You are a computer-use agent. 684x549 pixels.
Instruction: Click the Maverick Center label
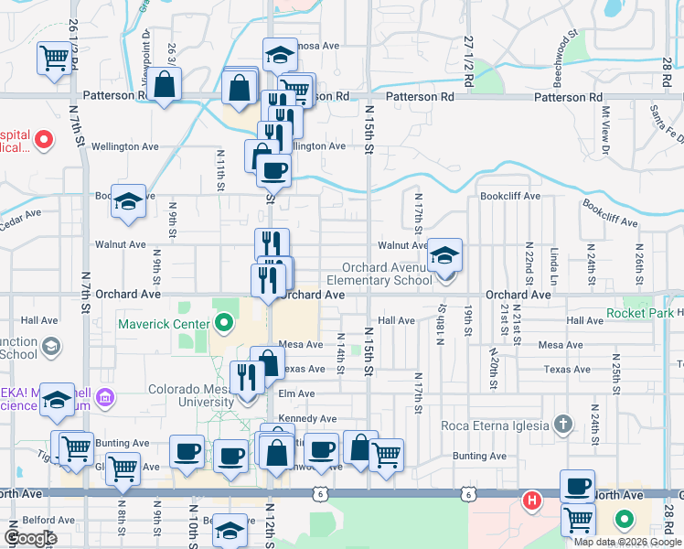tap(166, 323)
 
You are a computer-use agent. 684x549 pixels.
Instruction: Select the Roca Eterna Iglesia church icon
tap(563, 425)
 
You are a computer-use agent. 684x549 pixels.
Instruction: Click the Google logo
tap(31, 538)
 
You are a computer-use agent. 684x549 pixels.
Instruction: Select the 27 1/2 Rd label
tap(468, 61)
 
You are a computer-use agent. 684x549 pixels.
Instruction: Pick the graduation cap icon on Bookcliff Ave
tap(128, 202)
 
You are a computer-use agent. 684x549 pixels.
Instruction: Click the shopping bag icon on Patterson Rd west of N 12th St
tap(166, 86)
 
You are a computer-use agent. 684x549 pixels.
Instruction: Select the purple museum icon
tap(106, 398)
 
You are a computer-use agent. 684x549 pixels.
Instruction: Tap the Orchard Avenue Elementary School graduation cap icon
tap(444, 255)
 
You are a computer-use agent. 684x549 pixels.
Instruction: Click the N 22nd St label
tap(529, 261)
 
